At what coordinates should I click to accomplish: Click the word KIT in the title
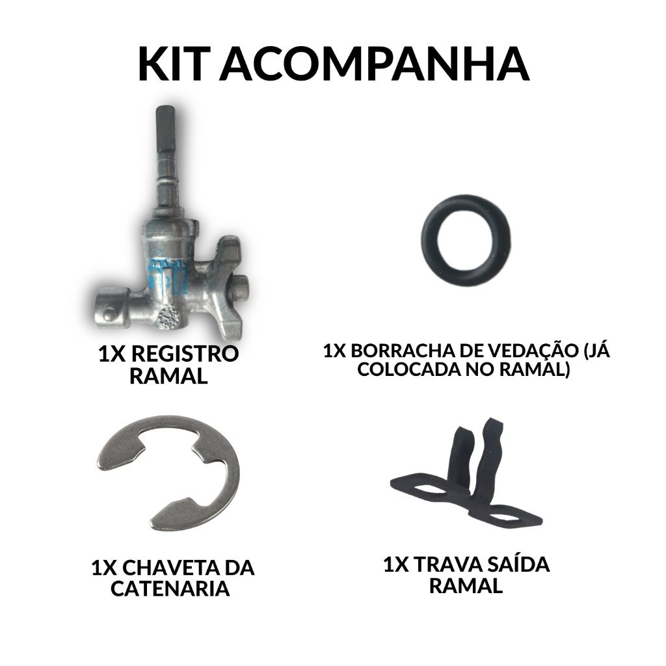coord(174,64)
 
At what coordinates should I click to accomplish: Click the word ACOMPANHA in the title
coord(374,64)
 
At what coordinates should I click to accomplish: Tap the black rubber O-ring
coord(466,241)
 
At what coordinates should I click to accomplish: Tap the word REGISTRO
coord(184,354)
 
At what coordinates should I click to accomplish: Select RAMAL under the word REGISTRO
coord(168,376)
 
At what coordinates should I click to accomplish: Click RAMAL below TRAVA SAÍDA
coord(466,585)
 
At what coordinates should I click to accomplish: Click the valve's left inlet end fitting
coord(111,309)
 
